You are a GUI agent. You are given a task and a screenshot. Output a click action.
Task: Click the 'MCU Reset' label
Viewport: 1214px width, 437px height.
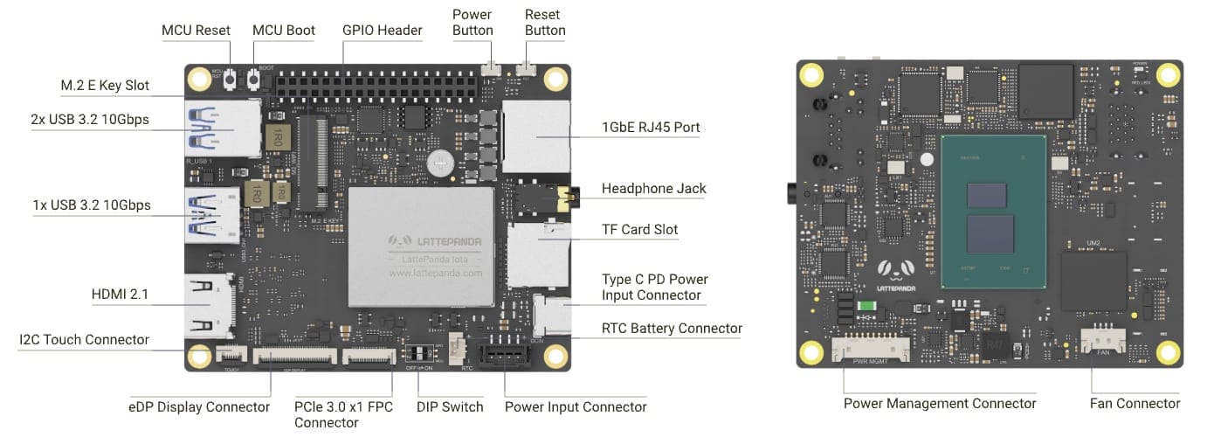click(x=196, y=31)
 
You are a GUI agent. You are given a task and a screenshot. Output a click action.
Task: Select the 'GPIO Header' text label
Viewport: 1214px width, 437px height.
click(x=382, y=31)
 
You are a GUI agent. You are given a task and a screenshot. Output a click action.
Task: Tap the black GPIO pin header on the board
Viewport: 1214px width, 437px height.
click(x=376, y=83)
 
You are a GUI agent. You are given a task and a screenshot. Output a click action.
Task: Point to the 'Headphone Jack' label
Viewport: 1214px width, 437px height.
click(x=653, y=189)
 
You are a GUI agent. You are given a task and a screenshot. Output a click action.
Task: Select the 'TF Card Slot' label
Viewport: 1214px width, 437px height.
click(x=639, y=230)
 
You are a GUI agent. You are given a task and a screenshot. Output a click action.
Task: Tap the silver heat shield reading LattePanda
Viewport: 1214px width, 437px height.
click(x=422, y=246)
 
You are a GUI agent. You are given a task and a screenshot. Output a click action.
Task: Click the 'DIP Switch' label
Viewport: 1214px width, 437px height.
click(x=451, y=407)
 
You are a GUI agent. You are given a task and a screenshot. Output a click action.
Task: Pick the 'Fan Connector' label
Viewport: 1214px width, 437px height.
click(x=1135, y=404)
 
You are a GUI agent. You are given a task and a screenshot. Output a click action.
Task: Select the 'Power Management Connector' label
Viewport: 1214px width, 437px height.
click(x=940, y=404)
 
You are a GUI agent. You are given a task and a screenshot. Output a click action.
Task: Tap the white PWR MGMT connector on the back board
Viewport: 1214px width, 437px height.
click(x=871, y=350)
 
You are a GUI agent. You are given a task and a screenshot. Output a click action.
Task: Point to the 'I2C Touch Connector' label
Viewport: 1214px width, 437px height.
click(x=84, y=340)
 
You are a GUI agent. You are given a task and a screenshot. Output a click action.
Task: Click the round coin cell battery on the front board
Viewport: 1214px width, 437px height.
click(x=440, y=162)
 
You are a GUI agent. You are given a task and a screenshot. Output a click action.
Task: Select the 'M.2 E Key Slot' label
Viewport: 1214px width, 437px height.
click(x=105, y=86)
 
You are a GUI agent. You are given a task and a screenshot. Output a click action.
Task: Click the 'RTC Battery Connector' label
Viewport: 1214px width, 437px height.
click(x=672, y=329)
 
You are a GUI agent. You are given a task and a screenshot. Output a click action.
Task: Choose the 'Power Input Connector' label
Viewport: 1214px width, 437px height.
click(x=576, y=407)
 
